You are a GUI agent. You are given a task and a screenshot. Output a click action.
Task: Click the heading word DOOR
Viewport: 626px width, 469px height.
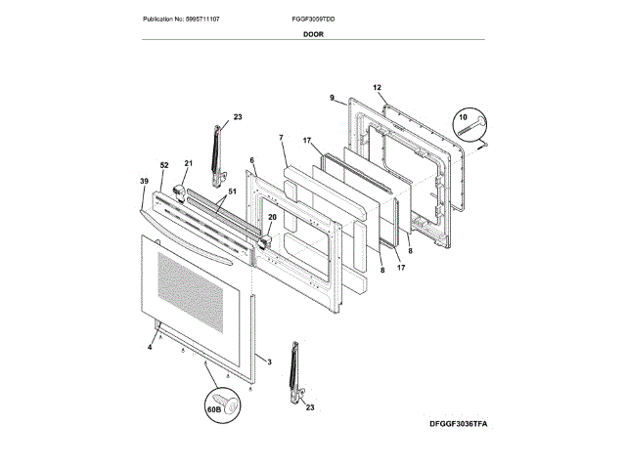click(314, 33)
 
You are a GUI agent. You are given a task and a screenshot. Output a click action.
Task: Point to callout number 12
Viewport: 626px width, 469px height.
click(378, 88)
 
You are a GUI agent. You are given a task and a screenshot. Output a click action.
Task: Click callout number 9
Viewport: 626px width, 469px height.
click(333, 98)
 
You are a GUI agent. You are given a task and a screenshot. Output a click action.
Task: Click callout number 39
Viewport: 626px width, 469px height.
click(144, 183)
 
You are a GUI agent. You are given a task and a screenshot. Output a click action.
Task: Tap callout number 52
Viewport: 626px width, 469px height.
click(164, 165)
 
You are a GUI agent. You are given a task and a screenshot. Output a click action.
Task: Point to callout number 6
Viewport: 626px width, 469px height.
click(251, 161)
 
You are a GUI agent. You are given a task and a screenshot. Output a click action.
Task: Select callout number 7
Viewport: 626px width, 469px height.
click(281, 139)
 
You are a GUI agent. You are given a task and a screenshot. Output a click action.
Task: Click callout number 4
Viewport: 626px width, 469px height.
click(150, 347)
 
